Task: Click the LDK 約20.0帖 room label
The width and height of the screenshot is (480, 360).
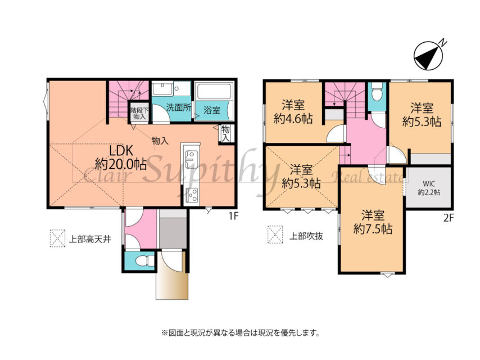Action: (120, 157)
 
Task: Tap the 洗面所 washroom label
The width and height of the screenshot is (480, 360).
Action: (179, 107)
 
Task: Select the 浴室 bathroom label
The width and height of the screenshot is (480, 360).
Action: (212, 110)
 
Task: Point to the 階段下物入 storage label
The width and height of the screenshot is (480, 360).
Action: (139, 114)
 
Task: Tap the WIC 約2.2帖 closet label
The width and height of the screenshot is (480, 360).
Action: (429, 188)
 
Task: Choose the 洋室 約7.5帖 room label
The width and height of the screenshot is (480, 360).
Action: (373, 222)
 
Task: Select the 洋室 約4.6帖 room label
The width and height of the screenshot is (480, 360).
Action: (293, 112)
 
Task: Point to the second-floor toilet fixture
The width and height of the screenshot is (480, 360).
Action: (376, 92)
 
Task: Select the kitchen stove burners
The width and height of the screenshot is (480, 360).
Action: (192, 195)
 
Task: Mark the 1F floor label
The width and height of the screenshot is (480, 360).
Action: (233, 216)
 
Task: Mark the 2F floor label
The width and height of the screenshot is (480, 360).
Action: (449, 218)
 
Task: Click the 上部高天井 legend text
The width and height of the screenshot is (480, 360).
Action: (89, 239)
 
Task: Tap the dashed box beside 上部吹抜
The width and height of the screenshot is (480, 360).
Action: (275, 235)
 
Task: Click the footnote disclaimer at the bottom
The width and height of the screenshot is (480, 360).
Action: (241, 332)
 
